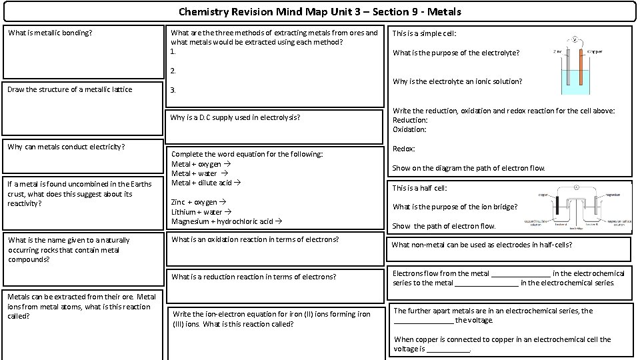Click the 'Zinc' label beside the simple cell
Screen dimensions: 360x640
tap(557, 51)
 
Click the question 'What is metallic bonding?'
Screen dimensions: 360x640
tap(50, 33)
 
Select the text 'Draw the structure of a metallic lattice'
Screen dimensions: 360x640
tap(70, 89)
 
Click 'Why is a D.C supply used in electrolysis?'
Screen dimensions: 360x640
tap(235, 117)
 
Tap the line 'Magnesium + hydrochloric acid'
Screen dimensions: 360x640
tap(226, 221)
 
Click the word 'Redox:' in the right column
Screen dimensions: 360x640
tap(404, 149)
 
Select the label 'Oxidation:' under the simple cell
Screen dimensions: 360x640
tap(409, 129)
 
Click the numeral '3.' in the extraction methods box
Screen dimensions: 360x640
tap(174, 90)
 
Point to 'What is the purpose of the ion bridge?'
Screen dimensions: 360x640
tap(455, 207)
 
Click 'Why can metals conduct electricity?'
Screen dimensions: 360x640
tap(67, 147)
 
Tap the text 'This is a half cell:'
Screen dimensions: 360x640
tap(419, 188)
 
